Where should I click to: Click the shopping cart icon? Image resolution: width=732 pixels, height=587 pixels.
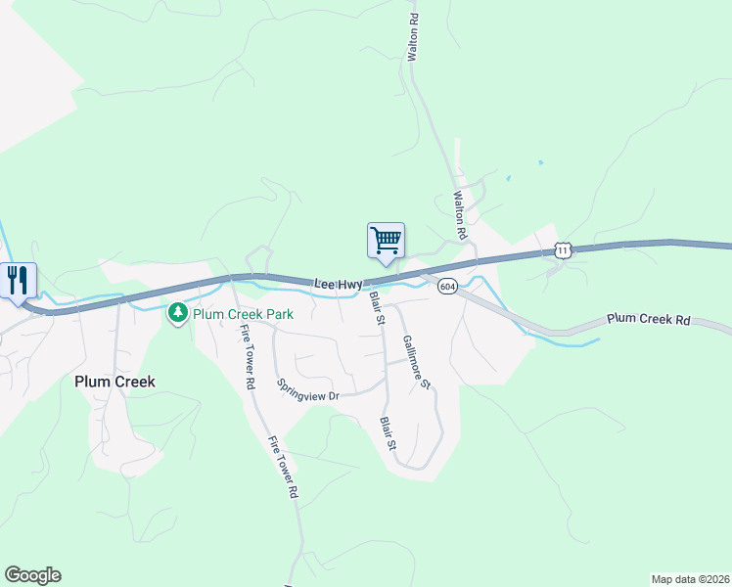386,239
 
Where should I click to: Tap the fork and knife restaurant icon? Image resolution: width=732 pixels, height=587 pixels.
17,280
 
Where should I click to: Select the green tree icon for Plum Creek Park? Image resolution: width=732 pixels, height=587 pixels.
178,314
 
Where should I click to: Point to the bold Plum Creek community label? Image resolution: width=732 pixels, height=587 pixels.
114,382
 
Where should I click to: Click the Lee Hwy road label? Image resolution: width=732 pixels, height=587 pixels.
339,284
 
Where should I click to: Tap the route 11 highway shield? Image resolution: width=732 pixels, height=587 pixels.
562,250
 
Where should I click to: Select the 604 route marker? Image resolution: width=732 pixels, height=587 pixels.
447,286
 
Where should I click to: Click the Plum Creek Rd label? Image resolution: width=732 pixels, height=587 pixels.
648,320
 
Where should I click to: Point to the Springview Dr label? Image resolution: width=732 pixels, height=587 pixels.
307,390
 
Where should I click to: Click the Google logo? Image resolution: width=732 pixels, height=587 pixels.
32,575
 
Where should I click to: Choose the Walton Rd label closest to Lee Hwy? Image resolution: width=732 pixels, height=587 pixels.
458,215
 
